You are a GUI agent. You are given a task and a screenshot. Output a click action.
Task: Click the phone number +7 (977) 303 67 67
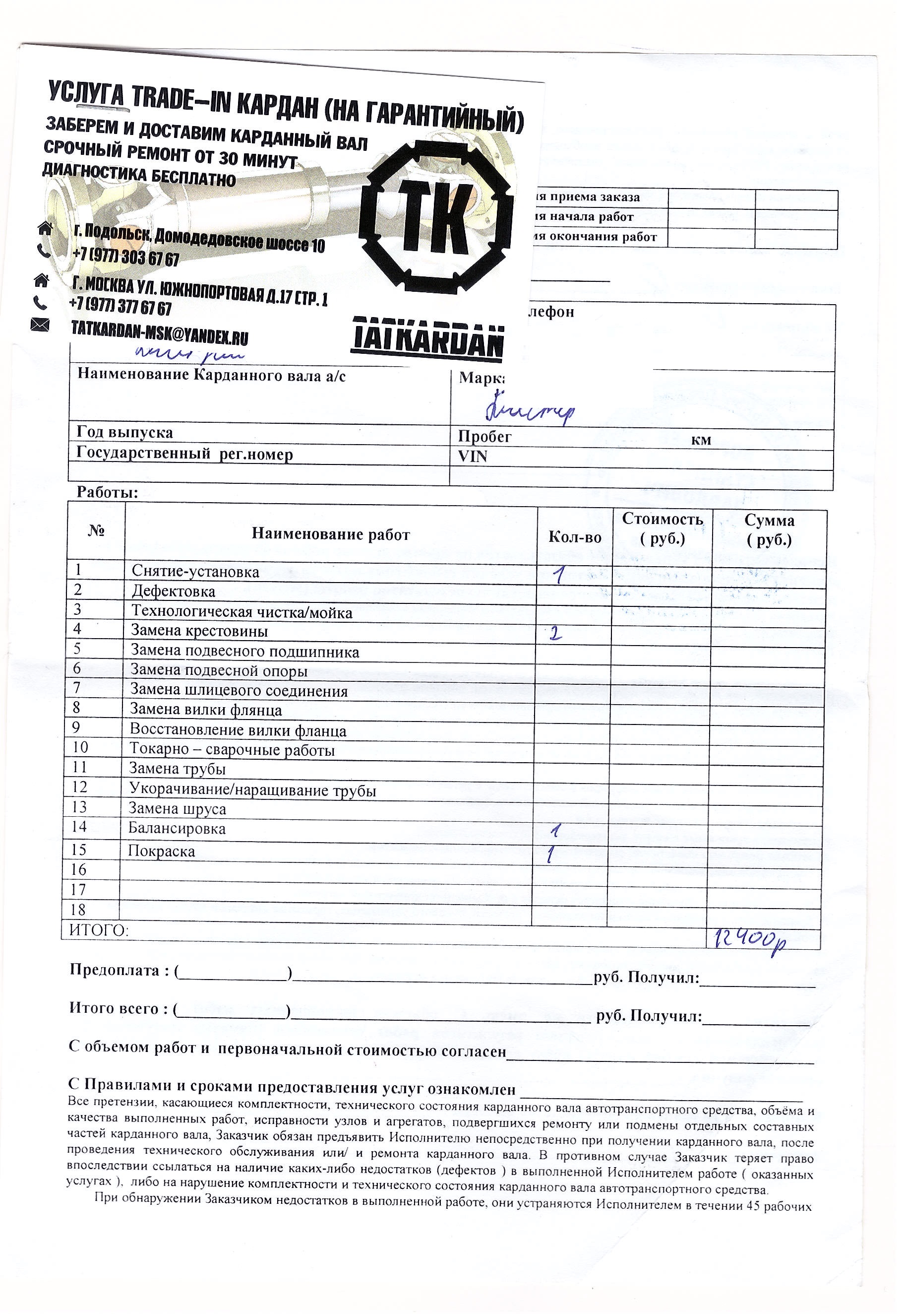click(126, 257)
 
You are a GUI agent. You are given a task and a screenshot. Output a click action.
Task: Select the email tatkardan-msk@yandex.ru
click(159, 333)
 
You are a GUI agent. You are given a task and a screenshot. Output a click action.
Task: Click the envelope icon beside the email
click(40, 325)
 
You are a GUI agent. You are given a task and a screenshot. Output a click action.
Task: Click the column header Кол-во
click(574, 537)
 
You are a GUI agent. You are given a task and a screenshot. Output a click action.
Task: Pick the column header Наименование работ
click(331, 534)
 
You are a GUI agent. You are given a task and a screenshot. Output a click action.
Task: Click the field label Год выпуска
click(125, 432)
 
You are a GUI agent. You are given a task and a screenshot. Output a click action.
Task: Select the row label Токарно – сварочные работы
click(232, 750)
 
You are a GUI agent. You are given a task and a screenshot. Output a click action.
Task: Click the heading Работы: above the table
click(108, 492)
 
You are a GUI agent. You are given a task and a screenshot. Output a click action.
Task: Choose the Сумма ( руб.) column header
click(769, 529)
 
